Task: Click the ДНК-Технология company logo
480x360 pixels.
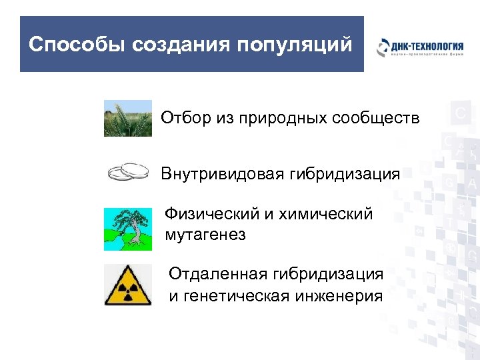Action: point(420,49)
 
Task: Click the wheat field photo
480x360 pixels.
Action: point(128,118)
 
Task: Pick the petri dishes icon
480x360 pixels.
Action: point(128,173)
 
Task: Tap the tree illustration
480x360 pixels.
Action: point(128,229)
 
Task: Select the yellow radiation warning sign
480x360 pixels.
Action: point(128,285)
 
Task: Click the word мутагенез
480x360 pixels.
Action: point(205,235)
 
